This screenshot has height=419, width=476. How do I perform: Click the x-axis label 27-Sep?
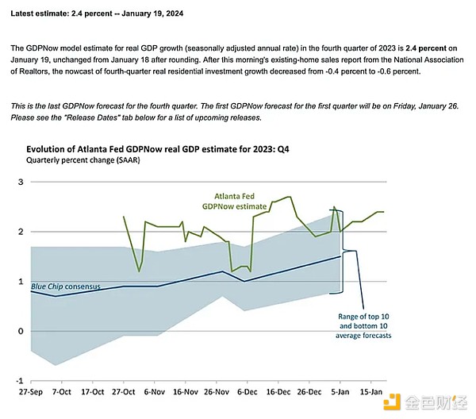tap(31, 393)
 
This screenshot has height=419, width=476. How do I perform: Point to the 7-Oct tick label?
tap(63, 393)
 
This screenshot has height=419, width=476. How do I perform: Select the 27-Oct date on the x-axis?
tap(125, 393)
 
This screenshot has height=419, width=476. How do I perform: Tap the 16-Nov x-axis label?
tap(186, 393)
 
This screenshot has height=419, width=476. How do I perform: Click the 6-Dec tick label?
tap(248, 393)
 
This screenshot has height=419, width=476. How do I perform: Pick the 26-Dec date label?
tap(309, 393)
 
